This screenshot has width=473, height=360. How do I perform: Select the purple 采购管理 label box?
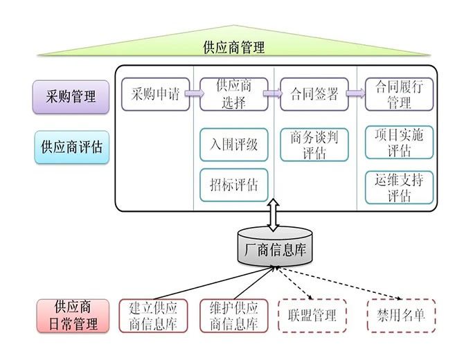click(71, 96)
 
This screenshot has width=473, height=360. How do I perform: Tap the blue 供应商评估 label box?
click(71, 147)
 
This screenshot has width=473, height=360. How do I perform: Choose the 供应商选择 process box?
click(233, 94)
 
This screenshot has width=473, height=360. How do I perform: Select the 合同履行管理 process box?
click(400, 94)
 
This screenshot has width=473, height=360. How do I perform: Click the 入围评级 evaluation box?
click(233, 145)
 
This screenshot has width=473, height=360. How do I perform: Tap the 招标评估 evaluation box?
click(233, 185)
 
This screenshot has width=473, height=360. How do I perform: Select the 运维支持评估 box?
click(400, 187)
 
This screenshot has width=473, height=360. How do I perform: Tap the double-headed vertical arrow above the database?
click(273, 214)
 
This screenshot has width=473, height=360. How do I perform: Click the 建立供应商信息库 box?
click(153, 316)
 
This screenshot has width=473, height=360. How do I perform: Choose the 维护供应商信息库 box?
click(233, 316)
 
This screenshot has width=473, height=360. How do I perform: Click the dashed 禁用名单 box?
click(401, 316)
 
